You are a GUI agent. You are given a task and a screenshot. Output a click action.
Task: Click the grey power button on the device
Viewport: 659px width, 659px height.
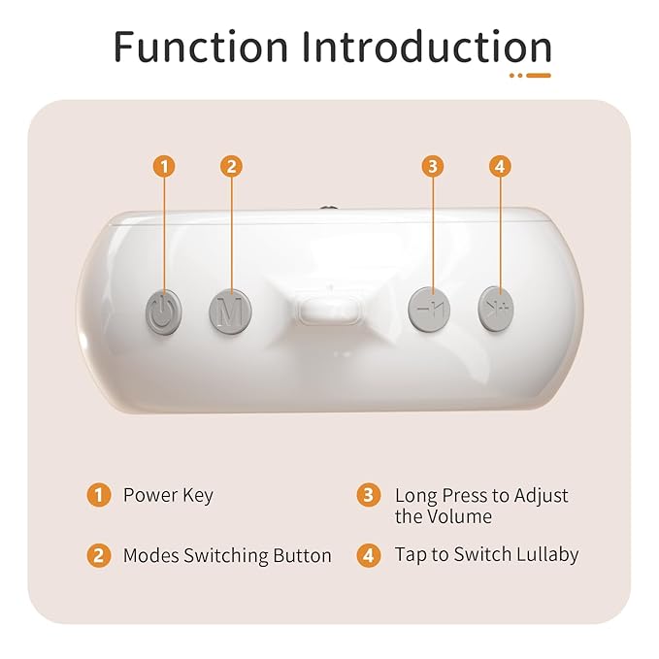[x=164, y=312]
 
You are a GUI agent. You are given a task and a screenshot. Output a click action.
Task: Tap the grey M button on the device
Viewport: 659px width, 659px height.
[x=230, y=312]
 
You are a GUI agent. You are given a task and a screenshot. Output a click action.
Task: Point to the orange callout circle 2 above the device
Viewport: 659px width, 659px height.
[x=230, y=166]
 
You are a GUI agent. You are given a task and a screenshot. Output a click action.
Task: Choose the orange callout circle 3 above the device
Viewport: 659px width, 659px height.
[x=433, y=166]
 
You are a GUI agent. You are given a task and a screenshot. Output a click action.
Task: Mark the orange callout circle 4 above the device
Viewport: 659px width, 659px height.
[x=499, y=166]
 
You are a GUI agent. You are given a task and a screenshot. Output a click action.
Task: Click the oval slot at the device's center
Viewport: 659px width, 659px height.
[x=331, y=313]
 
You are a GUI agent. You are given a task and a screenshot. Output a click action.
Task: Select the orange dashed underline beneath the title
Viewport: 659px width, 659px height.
[x=530, y=74]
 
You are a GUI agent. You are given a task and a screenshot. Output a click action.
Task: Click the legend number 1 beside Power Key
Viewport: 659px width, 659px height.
[x=98, y=495]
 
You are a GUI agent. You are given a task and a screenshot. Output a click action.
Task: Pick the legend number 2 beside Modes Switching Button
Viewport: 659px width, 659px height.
[x=98, y=555]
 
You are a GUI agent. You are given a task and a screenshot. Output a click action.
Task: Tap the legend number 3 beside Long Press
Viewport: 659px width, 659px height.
[x=368, y=495]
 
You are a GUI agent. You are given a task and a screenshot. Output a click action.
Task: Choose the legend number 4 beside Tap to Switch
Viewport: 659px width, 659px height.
[x=368, y=555]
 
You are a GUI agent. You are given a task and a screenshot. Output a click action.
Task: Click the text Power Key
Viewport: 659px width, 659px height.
[x=168, y=495]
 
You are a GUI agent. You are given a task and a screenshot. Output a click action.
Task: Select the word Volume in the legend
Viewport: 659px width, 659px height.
[x=458, y=516]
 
